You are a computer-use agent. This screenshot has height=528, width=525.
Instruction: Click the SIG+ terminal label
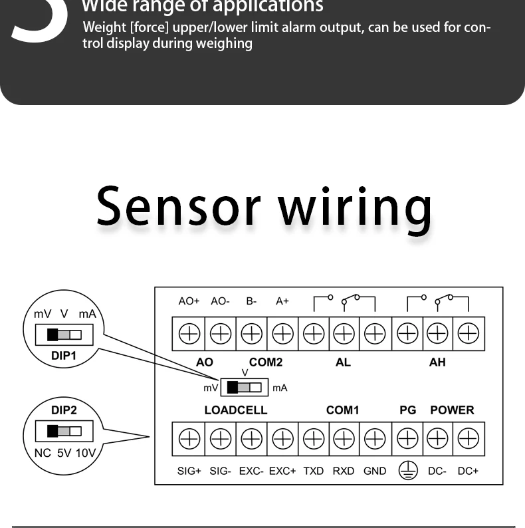[x=189, y=471]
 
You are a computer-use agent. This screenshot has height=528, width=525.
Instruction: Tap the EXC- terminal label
[x=251, y=471]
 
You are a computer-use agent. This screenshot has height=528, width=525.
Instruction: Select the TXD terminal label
[x=313, y=471]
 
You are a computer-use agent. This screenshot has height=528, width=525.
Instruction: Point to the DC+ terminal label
[x=468, y=471]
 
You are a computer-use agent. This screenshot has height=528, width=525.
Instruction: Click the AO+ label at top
[x=189, y=301]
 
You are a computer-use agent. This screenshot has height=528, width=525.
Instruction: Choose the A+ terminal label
[x=282, y=301]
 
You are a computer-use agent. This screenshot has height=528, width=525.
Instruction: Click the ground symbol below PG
[x=407, y=471]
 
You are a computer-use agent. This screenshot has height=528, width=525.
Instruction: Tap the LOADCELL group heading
[x=235, y=410]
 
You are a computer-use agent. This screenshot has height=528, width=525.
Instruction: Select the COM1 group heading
[x=342, y=410]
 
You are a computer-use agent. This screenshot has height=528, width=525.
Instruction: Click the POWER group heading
[x=452, y=410]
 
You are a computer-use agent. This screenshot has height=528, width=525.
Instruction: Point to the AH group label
[x=437, y=362]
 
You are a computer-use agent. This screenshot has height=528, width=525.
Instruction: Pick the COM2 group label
[x=266, y=362]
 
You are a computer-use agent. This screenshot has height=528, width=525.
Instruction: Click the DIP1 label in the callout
[x=64, y=356]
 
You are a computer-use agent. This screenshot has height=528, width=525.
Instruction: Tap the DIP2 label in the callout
[x=64, y=410]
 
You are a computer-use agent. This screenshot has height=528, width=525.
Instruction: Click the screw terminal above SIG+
[x=189, y=438]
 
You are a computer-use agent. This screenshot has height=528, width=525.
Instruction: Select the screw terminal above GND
[x=375, y=438]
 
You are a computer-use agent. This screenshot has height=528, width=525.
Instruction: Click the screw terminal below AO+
[x=189, y=333]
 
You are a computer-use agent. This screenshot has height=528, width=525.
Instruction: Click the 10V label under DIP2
[x=85, y=454]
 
